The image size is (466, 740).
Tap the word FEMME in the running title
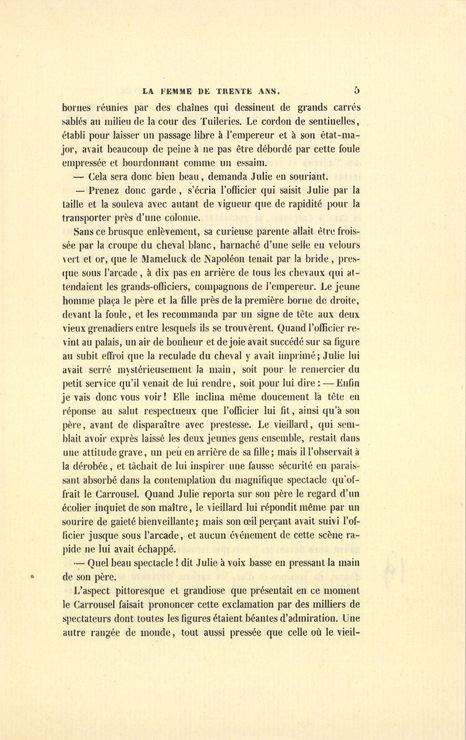pyautogui.click(x=175, y=92)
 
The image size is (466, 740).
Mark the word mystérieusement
pyautogui.click(x=152, y=370)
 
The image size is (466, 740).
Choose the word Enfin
pyautogui.click(x=347, y=383)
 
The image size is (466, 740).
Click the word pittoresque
pyautogui.click(x=134, y=590)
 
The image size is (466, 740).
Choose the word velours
pyautogui.click(x=342, y=245)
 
